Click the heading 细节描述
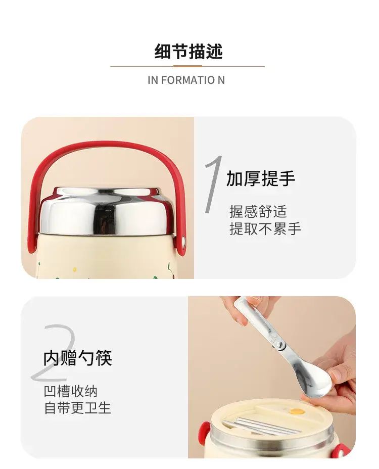coord(189,52)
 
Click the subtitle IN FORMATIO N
coord(186,80)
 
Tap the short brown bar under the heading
coord(187,66)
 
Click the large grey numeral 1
coord(213,184)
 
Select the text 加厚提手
coord(261,178)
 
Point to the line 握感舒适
coord(258,211)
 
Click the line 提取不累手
coord(265,229)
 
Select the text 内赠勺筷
coord(78,358)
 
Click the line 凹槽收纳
coord(71,391)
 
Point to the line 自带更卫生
coord(78,408)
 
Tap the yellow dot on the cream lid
coord(297,411)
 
